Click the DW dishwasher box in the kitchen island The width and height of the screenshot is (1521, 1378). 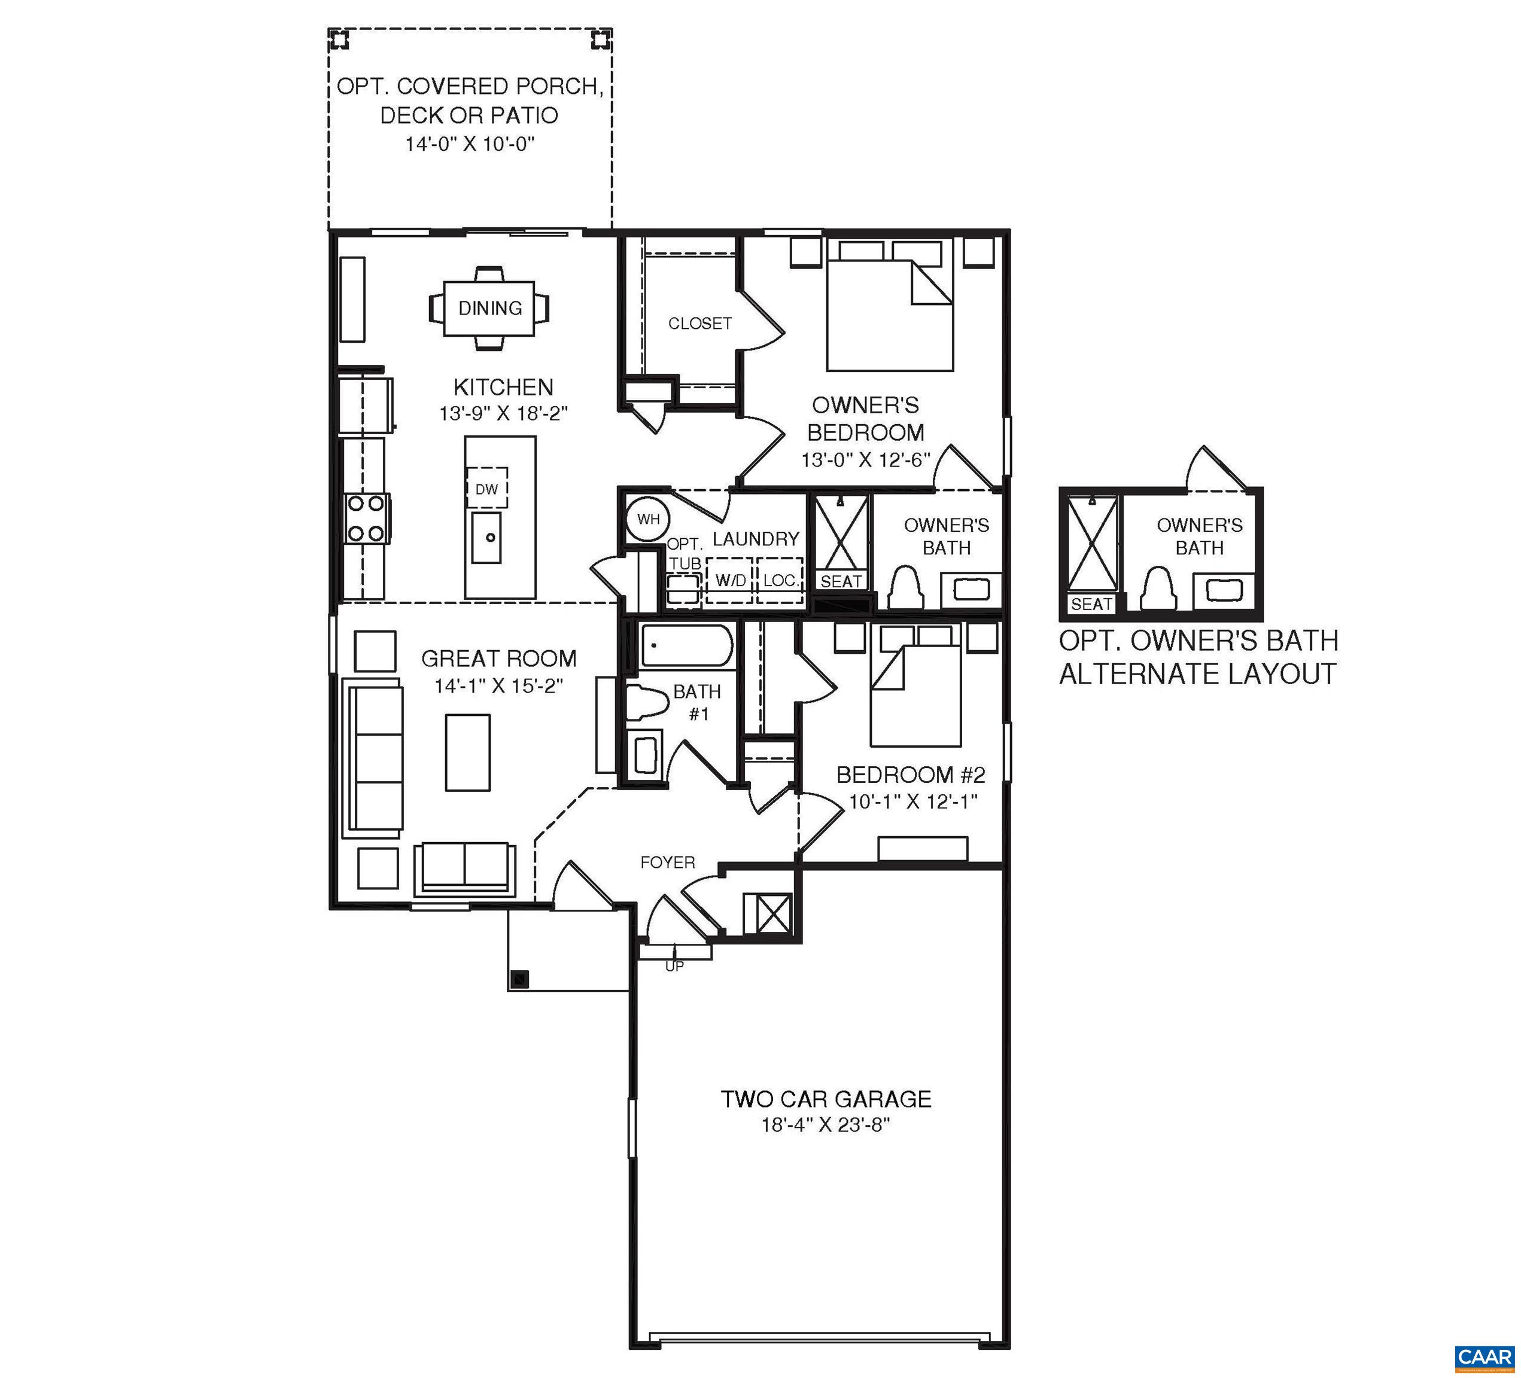pos(486,489)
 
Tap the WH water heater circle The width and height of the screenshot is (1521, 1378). pos(647,519)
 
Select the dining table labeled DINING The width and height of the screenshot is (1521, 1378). pos(489,308)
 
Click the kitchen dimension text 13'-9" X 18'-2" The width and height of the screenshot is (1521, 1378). pos(503,413)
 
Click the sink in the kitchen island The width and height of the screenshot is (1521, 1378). pos(486,537)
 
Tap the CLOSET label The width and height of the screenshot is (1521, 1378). pos(699,324)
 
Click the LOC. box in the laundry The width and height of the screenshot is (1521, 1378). pos(780,581)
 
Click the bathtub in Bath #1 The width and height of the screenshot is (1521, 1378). pos(686,645)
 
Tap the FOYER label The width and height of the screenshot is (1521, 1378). pos(667,862)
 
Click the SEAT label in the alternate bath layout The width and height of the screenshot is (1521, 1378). pos(1091,604)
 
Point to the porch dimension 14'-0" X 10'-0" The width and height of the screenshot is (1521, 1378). pos(469,144)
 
